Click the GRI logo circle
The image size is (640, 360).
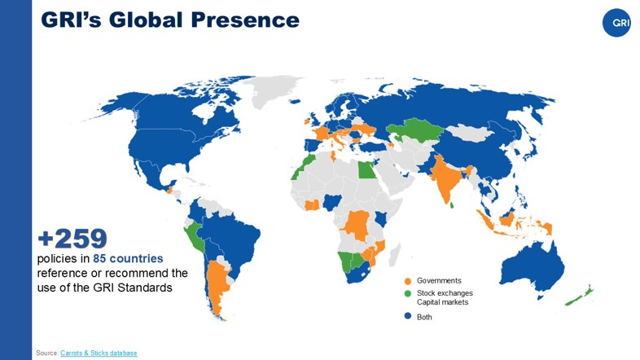tap(617, 23)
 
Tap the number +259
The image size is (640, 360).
tap(72, 238)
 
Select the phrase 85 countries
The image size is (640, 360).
tap(128, 258)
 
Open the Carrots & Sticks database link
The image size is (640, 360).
tap(99, 353)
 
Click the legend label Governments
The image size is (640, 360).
tap(439, 281)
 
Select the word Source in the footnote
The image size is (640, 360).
tap(46, 353)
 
